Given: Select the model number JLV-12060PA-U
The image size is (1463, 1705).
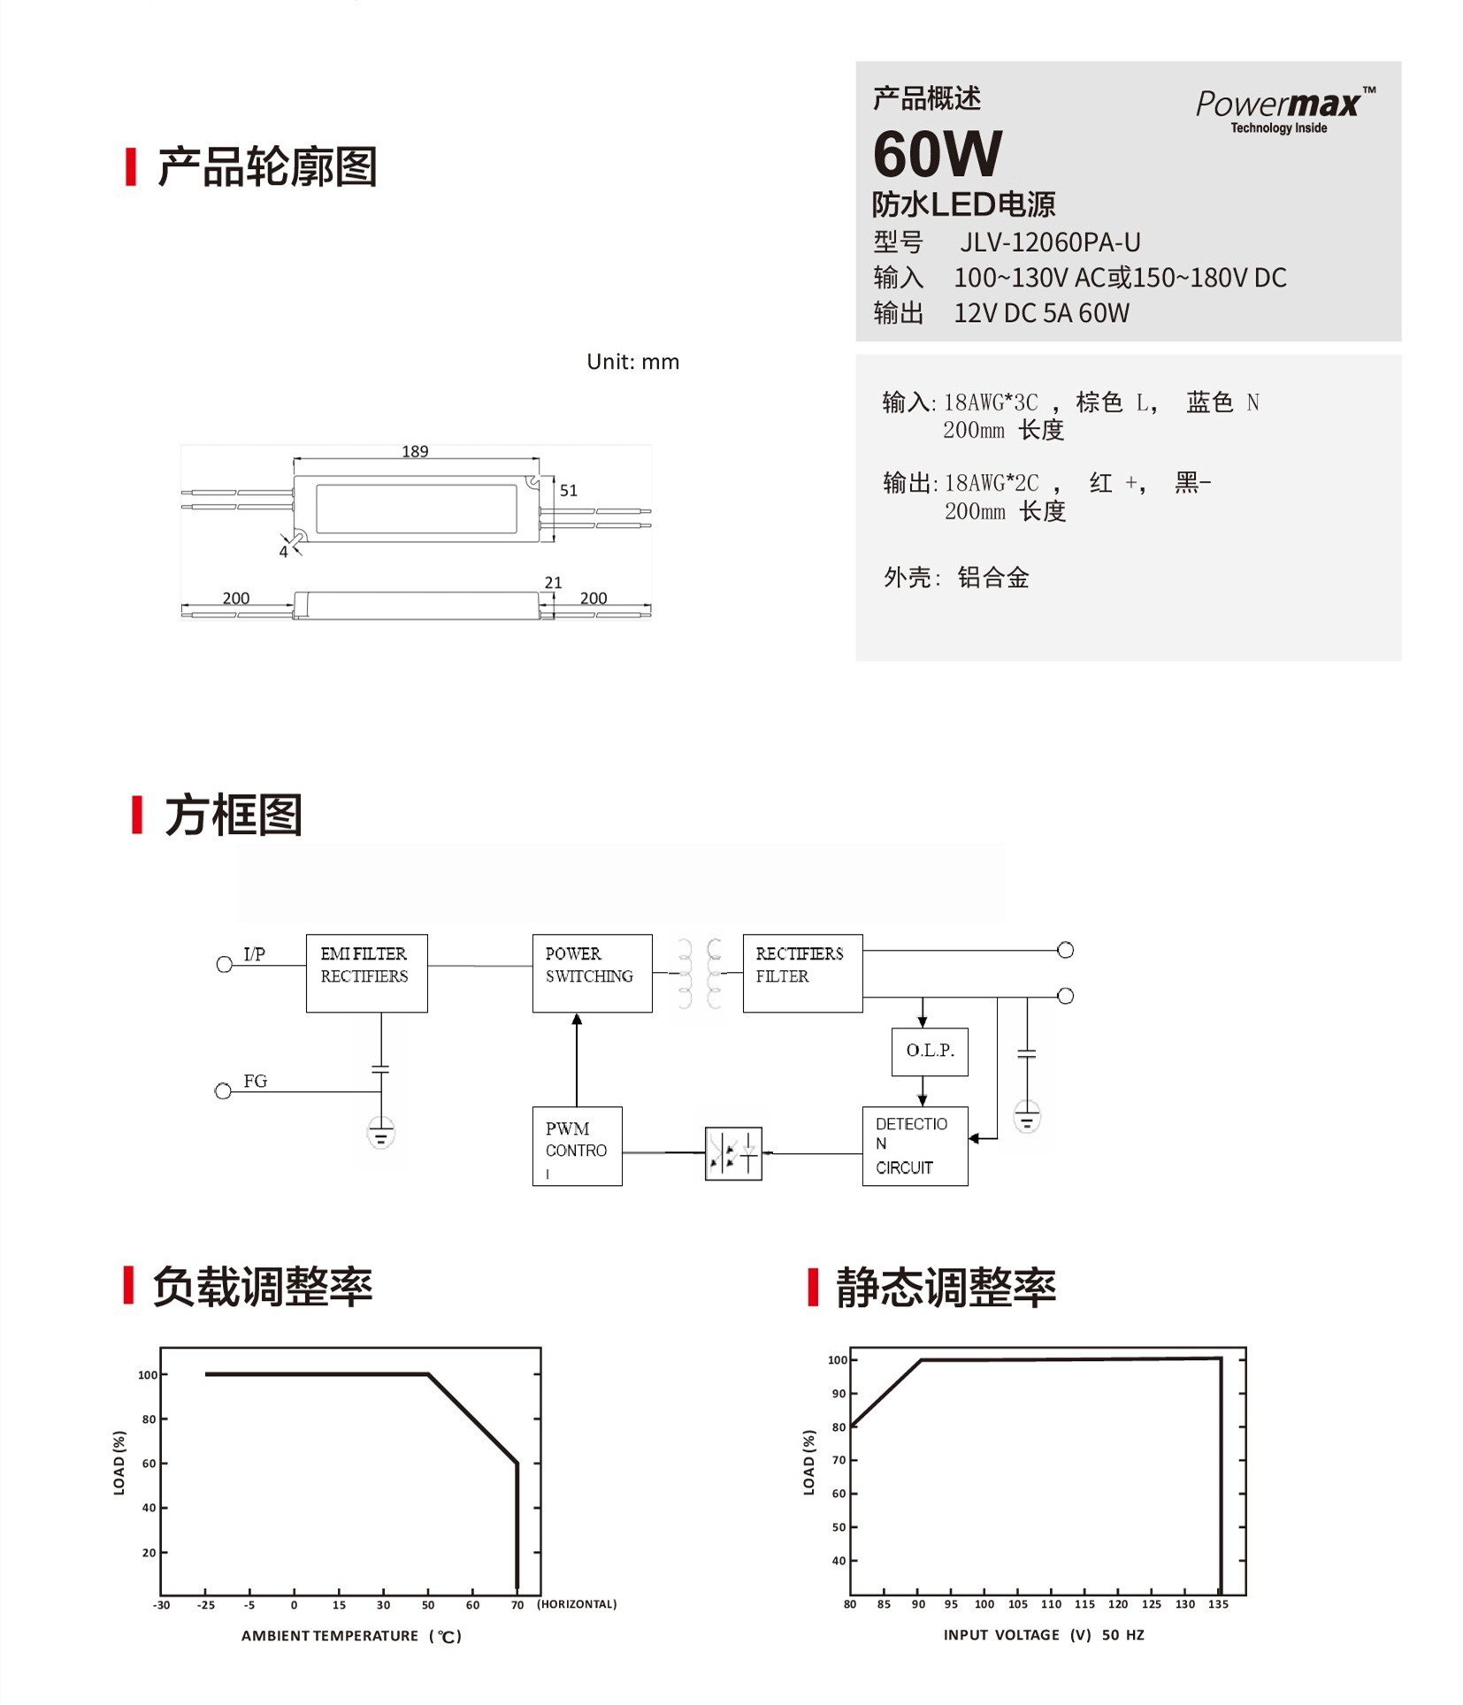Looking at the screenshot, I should [1050, 241].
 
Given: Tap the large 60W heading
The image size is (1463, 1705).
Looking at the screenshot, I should [937, 154].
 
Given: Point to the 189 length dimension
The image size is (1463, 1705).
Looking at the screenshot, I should [415, 451].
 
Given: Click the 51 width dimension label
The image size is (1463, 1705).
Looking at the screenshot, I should [568, 490].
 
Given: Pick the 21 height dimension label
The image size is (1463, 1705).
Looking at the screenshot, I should [553, 582].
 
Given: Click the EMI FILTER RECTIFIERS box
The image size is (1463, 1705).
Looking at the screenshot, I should [366, 972].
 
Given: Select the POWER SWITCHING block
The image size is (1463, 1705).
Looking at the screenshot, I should [592, 972].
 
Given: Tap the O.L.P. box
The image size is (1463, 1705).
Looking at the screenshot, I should [929, 1051].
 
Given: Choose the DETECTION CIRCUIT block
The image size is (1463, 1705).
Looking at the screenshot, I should [915, 1145].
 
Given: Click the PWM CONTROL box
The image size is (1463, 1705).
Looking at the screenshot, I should [577, 1145].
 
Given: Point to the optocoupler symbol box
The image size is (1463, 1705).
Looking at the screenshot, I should [732, 1152].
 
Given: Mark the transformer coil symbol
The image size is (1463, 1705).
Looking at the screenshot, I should [699, 973].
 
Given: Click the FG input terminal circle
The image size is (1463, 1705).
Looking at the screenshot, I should [223, 1091].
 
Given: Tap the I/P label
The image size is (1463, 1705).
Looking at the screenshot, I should [254, 953].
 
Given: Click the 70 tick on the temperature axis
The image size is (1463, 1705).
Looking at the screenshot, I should [517, 1604].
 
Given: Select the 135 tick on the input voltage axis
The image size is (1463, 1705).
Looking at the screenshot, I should [1218, 1603].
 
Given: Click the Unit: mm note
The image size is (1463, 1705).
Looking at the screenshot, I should [632, 362].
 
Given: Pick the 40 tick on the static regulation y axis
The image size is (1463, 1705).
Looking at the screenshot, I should [838, 1560].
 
